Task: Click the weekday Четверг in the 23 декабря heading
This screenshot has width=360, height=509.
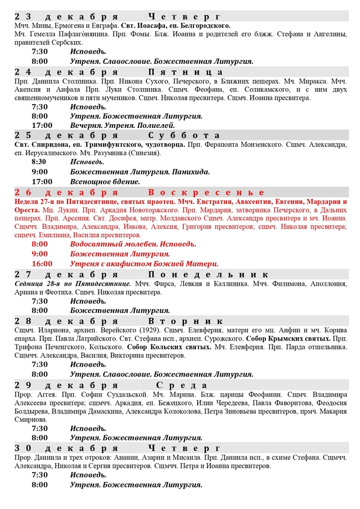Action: (185, 17)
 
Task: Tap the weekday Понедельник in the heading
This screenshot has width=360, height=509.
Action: (208, 275)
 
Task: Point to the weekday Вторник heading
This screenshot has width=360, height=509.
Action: (185, 321)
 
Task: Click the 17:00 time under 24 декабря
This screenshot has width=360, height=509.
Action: (42, 125)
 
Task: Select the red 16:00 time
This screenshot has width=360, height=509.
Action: (42, 264)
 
